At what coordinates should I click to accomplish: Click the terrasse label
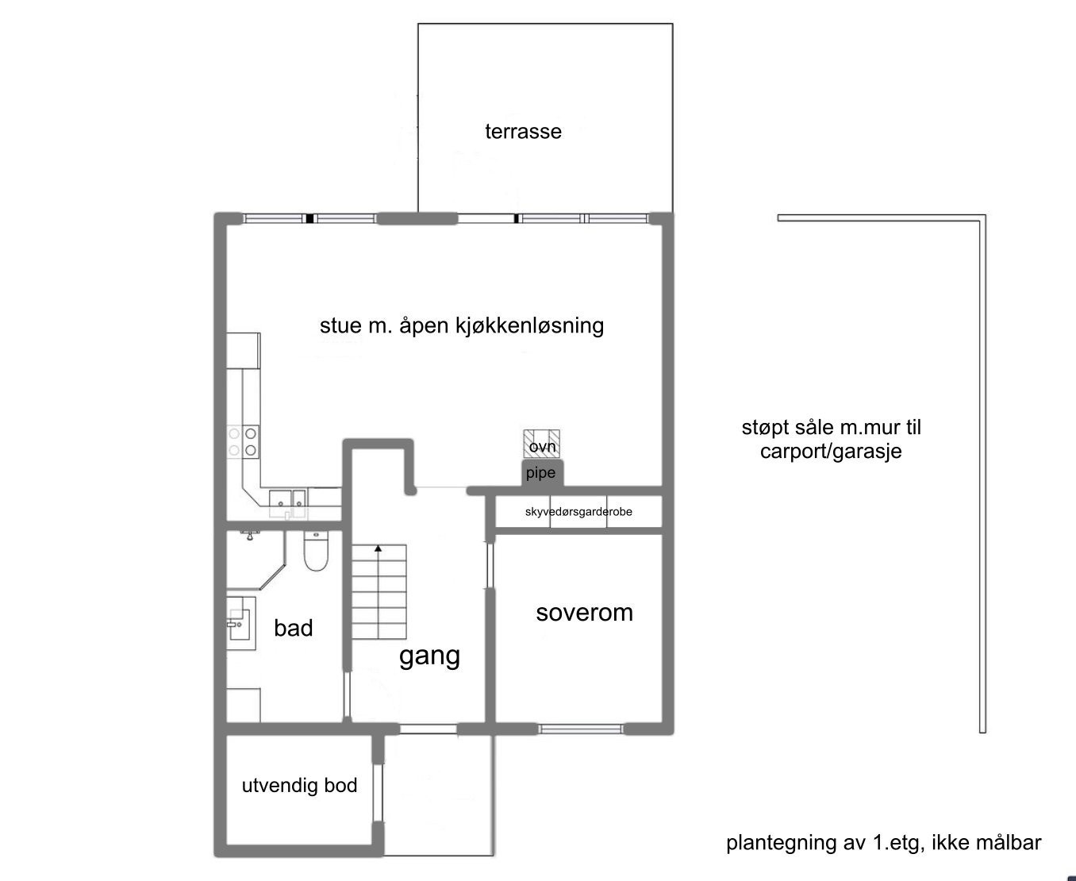523,132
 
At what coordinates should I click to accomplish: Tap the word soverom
584,613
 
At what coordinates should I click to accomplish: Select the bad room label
293,629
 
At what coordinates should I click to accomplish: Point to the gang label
429,656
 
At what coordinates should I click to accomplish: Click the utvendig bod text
299,786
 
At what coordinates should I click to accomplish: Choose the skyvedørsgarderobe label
578,512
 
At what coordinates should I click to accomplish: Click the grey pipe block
542,473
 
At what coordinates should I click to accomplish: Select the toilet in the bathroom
316,551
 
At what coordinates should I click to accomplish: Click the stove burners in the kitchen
242,441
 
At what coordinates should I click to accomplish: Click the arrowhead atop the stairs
379,548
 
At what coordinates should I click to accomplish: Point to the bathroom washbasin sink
238,623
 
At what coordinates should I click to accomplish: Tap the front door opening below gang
428,729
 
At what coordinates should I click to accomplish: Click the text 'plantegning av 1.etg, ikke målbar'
883,843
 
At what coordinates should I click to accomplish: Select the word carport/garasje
830,452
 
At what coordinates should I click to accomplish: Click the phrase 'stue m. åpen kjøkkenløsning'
461,326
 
